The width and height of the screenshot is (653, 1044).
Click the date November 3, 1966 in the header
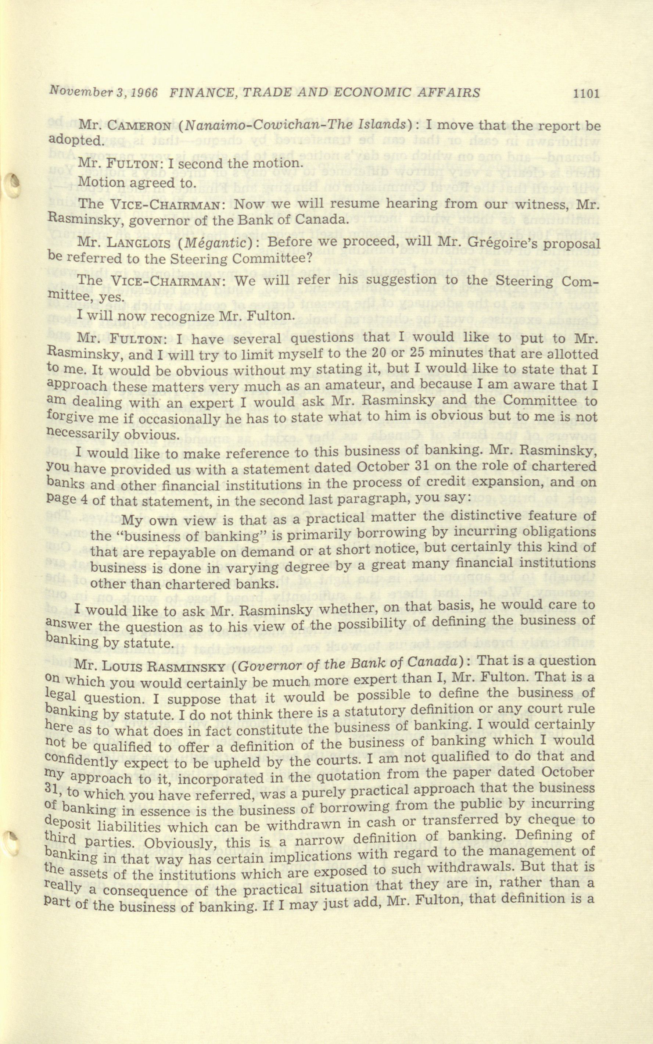(x=104, y=92)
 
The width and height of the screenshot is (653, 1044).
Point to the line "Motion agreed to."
(x=136, y=183)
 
